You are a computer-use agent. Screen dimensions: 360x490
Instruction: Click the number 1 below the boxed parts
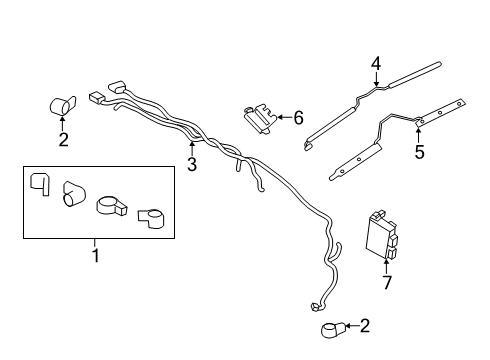click(x=96, y=255)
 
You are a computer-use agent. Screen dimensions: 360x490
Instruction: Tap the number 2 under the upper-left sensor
click(x=63, y=139)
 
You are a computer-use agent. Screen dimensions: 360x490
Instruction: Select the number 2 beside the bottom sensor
click(x=364, y=326)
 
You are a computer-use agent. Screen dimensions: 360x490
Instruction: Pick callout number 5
click(x=420, y=152)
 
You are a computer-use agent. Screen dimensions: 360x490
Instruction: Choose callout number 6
click(x=298, y=118)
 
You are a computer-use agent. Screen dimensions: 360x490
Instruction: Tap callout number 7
click(x=387, y=283)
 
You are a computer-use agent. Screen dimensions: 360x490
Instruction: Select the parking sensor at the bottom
click(x=330, y=328)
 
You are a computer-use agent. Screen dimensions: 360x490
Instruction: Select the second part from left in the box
click(x=74, y=195)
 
